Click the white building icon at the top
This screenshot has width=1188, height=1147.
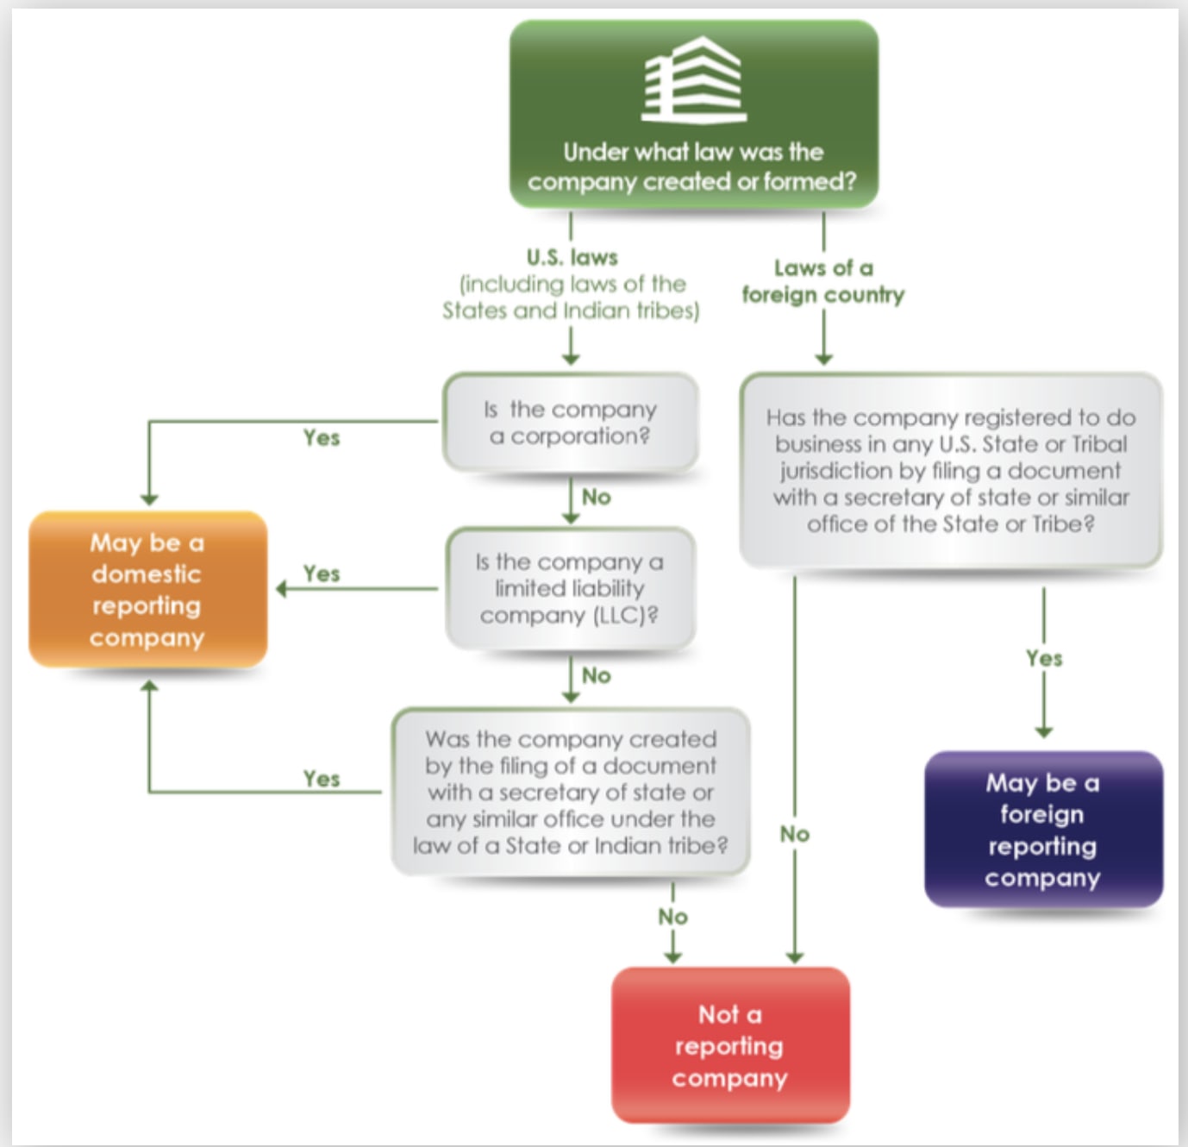point(694,79)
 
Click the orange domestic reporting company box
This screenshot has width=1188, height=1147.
point(147,589)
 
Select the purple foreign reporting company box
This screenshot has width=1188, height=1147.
point(1043,829)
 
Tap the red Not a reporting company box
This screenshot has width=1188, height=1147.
point(730,1044)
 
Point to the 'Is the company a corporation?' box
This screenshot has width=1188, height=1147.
point(570,423)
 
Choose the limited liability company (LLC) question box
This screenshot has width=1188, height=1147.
point(570,588)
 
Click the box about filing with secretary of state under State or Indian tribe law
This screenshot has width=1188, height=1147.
point(570,792)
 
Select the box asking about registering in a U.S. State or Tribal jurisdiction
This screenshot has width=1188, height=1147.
point(951,470)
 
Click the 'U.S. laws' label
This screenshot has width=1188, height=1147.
point(572,257)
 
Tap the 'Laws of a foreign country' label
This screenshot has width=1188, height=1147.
point(823,281)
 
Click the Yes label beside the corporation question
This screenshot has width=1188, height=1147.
point(322,438)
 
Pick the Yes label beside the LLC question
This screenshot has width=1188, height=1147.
point(322,573)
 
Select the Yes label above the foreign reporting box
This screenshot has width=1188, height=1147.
point(1044,659)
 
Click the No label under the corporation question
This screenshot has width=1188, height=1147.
point(596,497)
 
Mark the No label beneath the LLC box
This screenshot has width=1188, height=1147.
point(596,675)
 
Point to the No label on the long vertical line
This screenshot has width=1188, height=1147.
point(795,834)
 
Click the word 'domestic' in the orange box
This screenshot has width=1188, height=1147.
point(147,574)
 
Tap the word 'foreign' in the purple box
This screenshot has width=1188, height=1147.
point(1042,814)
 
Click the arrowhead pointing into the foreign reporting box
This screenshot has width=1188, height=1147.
point(1044,732)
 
